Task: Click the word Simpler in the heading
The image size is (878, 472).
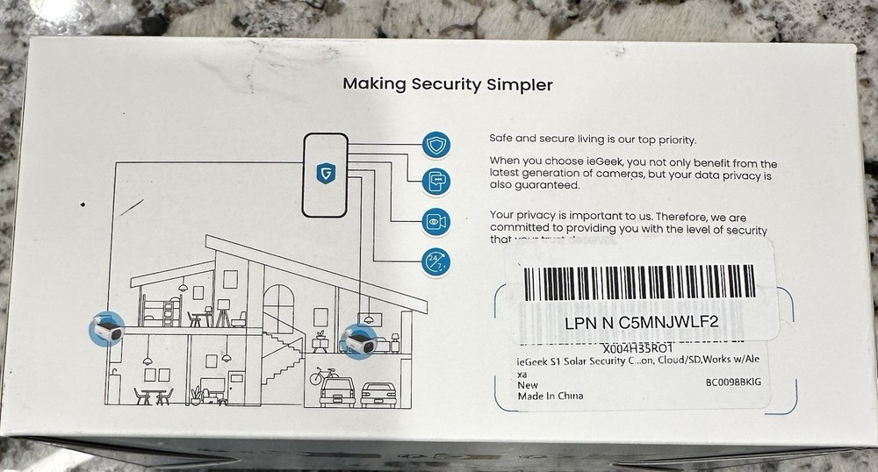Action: (x=519, y=85)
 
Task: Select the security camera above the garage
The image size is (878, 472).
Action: (x=360, y=336)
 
